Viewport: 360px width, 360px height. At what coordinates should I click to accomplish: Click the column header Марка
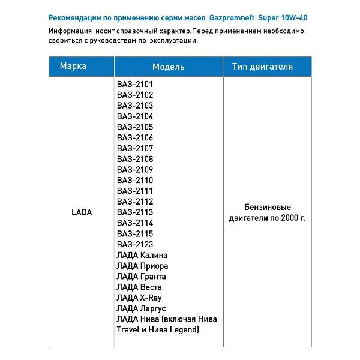pos(73,66)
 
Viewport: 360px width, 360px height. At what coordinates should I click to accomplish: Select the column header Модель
pos(169,67)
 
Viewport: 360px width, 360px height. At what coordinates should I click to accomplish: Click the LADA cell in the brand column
pos(82,212)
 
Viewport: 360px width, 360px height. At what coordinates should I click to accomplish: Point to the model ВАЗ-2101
pos(135,84)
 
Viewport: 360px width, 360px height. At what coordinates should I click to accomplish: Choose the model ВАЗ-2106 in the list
pos(135,137)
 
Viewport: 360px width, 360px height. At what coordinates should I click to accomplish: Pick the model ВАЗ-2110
pos(135,180)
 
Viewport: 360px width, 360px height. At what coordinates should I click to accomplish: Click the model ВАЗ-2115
pos(135,233)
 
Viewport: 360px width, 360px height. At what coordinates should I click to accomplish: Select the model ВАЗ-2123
pos(135,244)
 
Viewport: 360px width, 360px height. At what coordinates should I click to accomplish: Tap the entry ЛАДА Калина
pos(142,255)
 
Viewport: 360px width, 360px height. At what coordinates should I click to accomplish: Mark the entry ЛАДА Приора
pos(143,266)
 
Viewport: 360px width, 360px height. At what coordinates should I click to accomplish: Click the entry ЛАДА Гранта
pos(142,277)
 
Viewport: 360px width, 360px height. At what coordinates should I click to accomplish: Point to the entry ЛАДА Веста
pos(140,287)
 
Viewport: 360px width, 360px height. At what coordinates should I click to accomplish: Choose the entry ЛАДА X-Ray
pos(139,298)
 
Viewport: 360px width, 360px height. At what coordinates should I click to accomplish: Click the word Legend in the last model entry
pos(184,329)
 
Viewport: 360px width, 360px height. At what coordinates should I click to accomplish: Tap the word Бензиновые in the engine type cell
pos(267,207)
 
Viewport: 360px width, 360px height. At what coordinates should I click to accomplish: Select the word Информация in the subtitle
pos(70,31)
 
